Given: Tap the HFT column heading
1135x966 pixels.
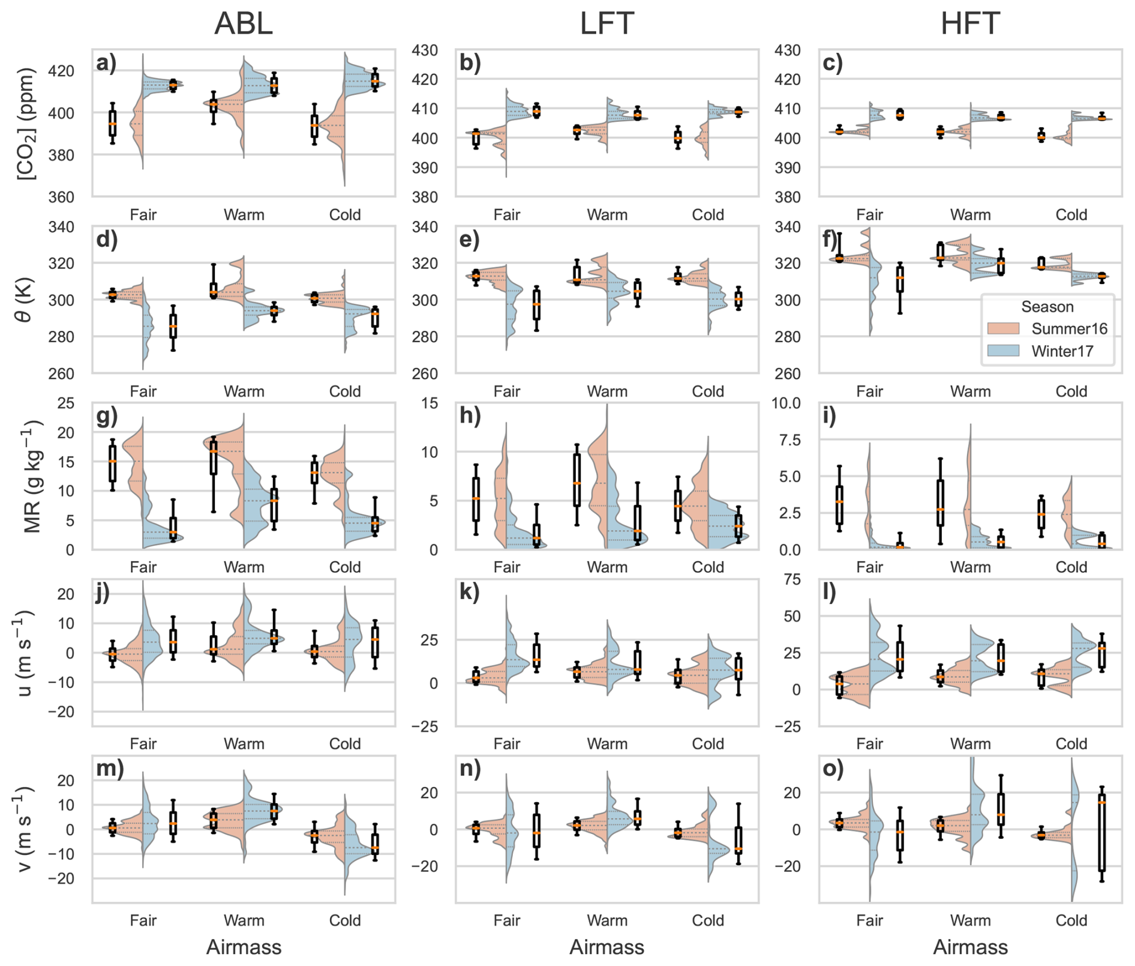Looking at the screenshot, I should [x=969, y=24].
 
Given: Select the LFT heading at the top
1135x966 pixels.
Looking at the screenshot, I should [x=606, y=24].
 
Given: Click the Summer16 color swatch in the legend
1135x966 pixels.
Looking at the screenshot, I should [x=1003, y=328].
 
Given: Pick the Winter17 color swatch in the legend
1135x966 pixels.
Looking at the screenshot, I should [x=1003, y=351].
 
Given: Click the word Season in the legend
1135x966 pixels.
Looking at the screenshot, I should [x=1047, y=307].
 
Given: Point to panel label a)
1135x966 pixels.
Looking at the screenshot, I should [x=107, y=63].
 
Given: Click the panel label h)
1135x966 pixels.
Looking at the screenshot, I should [x=470, y=416].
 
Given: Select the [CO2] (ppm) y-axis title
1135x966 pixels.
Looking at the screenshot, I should [x=27, y=123].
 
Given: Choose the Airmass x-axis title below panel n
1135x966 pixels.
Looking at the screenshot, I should [x=606, y=947].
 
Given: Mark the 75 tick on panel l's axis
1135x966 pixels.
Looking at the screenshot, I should [x=792, y=579].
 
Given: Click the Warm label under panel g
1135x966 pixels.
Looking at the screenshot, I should [x=244, y=567].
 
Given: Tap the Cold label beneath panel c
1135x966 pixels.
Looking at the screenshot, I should [x=1071, y=215].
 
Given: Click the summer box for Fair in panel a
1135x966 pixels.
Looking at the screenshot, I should [x=112, y=123].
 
